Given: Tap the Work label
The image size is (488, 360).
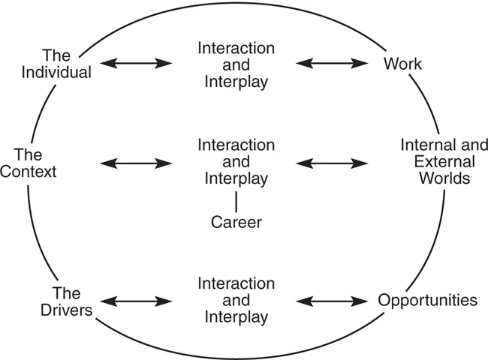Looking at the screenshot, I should point(402,64).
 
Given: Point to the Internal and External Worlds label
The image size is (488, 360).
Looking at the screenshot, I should point(435,161).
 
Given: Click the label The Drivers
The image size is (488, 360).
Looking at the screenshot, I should point(67,301).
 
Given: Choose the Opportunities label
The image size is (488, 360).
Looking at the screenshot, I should point(427,301).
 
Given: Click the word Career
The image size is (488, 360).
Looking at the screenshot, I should point(236,222).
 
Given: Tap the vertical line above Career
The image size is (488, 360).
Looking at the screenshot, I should point(236,200).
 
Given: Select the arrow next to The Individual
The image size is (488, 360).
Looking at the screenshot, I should point(137,64).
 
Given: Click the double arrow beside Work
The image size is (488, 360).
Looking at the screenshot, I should point(334,64).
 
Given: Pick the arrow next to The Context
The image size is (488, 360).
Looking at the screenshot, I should point(137,162).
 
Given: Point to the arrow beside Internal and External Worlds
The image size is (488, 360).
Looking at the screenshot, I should point(334,162).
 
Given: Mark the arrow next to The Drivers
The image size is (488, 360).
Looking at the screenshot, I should point(137,301).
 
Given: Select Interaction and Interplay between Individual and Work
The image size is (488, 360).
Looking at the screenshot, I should point(236,64).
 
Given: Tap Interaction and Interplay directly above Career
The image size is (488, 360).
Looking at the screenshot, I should point(236,161).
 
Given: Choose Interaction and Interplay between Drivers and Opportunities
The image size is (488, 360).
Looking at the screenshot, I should point(236,301).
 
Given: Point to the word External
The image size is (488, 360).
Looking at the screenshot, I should point(435,161).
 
